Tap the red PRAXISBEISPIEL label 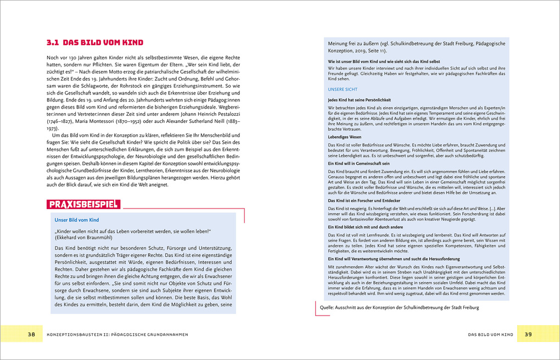pyautogui.click(x=84, y=205)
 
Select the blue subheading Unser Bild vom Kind pyautogui.click(x=76, y=220)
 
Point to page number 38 pyautogui.click(x=31, y=334)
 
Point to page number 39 pyautogui.click(x=528, y=334)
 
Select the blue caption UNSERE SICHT pyautogui.click(x=343, y=89)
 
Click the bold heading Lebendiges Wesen pyautogui.click(x=345, y=136)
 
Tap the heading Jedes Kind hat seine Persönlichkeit pyautogui.click(x=359, y=100)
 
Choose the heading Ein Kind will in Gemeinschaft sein pyautogui.click(x=359, y=164)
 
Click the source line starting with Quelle pyautogui.click(x=399, y=308)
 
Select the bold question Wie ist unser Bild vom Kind pyautogui.click(x=384, y=61)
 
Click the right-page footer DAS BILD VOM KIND pyautogui.click(x=490, y=334)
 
